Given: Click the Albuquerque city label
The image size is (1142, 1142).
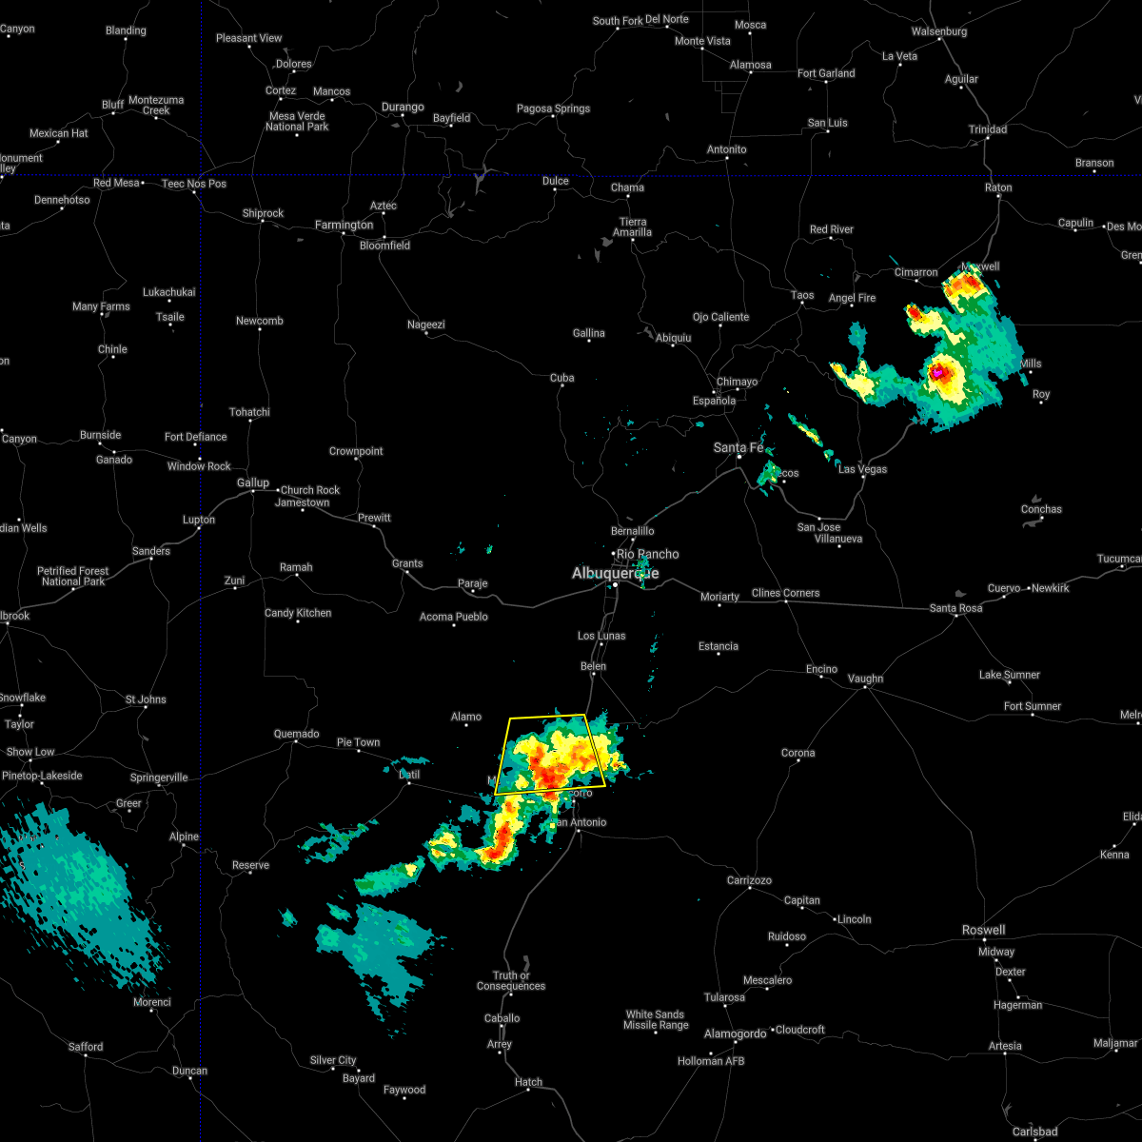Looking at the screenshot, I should pyautogui.click(x=615, y=573).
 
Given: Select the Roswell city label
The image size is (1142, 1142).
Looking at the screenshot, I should pyautogui.click(x=982, y=930).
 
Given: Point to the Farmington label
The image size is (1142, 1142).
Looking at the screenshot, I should pyautogui.click(x=345, y=226).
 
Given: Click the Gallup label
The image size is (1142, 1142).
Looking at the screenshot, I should pyautogui.click(x=253, y=483).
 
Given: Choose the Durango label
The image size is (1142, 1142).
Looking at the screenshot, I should pyautogui.click(x=403, y=108).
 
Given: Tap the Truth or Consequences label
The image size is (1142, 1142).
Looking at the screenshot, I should pyautogui.click(x=511, y=980).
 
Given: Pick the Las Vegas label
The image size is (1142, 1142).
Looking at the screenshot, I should pyautogui.click(x=862, y=469).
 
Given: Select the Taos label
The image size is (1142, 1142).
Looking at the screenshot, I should pyautogui.click(x=802, y=295).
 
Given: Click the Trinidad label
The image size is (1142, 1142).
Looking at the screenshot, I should pyautogui.click(x=987, y=129).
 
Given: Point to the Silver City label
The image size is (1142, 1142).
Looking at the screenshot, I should pyautogui.click(x=333, y=1060).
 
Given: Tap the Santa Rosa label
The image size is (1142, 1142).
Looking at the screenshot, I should pyautogui.click(x=955, y=608).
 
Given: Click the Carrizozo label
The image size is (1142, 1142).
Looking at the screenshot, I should pyautogui.click(x=749, y=880).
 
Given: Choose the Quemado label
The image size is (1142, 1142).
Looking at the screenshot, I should pyautogui.click(x=296, y=734).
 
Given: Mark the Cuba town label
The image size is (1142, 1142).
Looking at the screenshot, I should pyautogui.click(x=562, y=378).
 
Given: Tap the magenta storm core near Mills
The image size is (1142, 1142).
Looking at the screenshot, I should pyautogui.click(x=937, y=374).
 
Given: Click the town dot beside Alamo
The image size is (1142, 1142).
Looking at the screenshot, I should pyautogui.click(x=466, y=726).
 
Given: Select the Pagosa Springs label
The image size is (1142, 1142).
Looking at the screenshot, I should pyautogui.click(x=553, y=108).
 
